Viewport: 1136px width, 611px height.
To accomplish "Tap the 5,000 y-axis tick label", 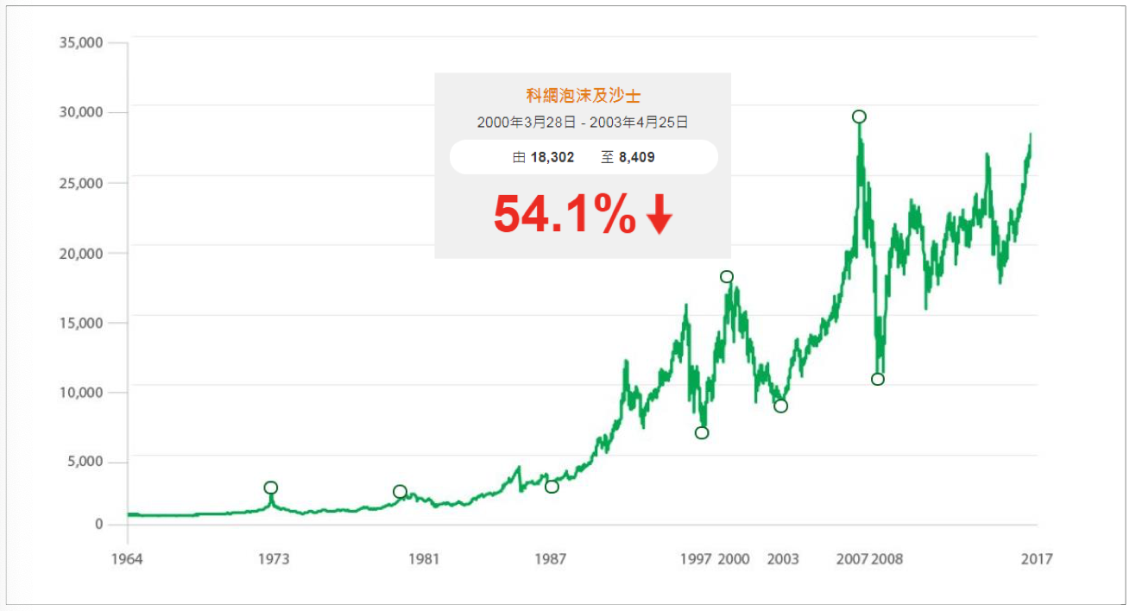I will point(84,462).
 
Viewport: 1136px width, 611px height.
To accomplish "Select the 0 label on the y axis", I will point(99,524).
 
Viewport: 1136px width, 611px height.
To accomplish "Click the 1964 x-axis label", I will point(127,559).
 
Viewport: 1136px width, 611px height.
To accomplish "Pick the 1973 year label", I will point(273,559).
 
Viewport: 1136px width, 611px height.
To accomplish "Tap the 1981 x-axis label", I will point(424,559).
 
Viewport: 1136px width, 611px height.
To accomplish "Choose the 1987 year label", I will point(551,559).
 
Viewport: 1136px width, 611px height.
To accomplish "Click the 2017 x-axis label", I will point(1036,559).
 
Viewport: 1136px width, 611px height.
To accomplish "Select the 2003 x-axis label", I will point(783,559).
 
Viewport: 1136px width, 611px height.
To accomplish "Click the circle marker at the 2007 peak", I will point(859,117).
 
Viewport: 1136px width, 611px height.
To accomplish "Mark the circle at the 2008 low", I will point(878,379).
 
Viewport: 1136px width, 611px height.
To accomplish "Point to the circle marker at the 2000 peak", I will point(727,277).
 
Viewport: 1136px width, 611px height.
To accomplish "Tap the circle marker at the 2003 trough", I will point(781,406).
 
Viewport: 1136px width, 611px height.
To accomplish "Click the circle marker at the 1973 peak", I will point(271,488).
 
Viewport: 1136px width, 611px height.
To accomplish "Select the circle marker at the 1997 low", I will point(702,432).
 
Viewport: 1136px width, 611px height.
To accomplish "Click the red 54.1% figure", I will point(565,216).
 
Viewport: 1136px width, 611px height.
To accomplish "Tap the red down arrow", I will point(659,216).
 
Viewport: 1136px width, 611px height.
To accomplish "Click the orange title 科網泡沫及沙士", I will point(583,96).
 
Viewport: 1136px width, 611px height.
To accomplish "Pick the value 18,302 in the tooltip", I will point(552,158).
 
